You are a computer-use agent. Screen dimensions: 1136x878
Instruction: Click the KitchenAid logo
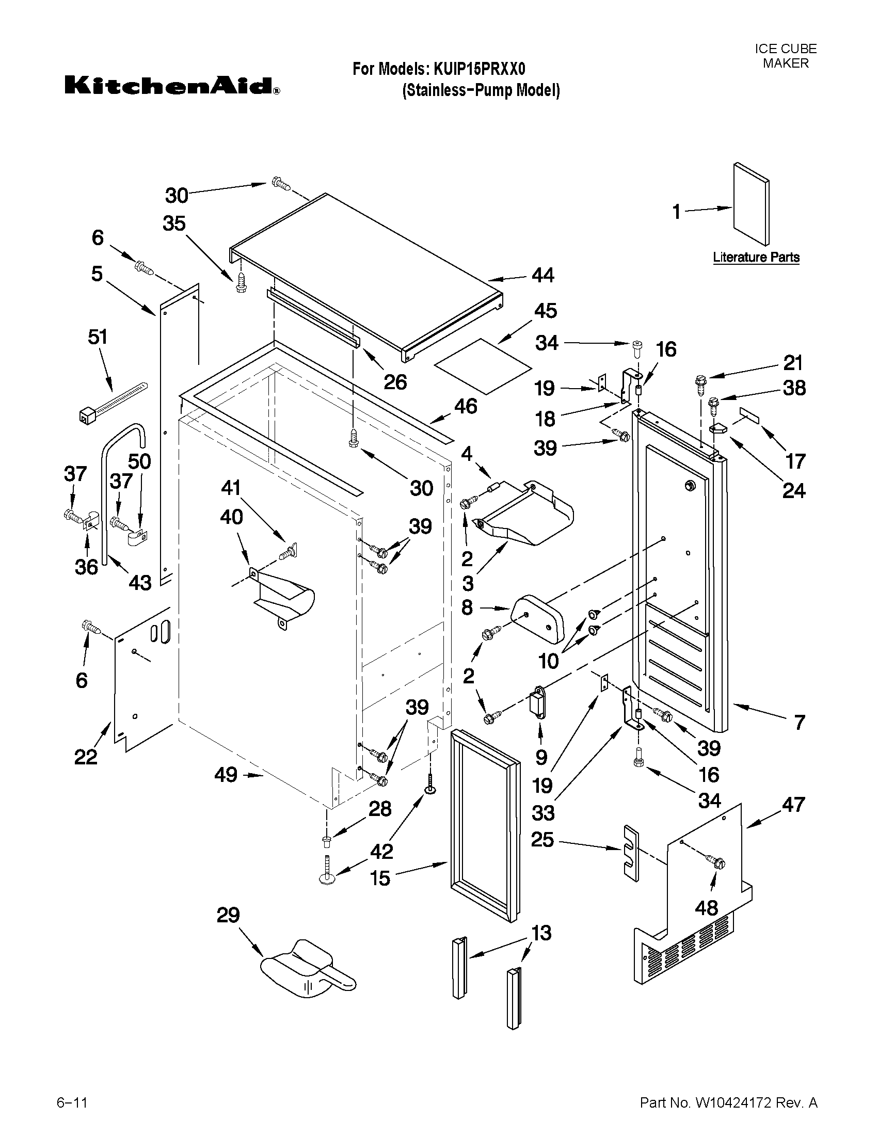coord(172,86)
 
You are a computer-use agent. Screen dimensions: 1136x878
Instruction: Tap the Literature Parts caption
coord(756,257)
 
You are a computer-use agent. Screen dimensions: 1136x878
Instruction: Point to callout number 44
coord(543,275)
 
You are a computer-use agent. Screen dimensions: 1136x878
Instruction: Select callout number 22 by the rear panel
coord(86,756)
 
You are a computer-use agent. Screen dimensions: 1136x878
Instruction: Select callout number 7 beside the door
coord(800,723)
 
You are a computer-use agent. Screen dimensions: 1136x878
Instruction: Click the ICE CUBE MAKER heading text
coord(786,56)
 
